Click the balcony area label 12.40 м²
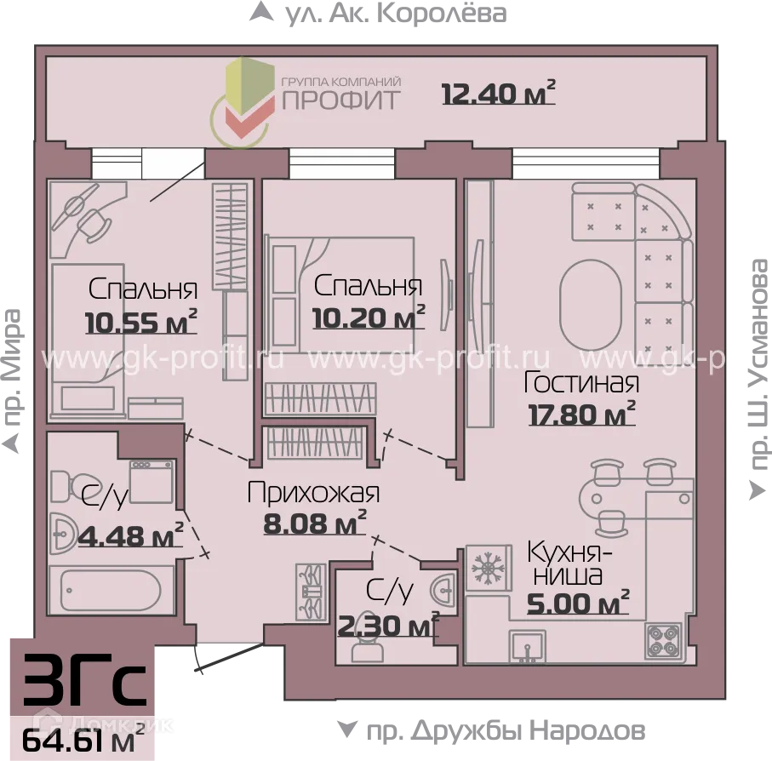pos(498,92)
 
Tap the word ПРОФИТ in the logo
pos(340,100)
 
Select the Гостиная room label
pos(581,382)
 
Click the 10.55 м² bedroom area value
pos(141,323)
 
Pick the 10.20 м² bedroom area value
pos(369,318)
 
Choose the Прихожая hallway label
pos(312,492)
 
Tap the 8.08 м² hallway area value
pos(315,522)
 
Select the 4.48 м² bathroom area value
pos(129,535)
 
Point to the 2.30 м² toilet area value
pos(388,627)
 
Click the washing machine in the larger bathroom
pos(151,482)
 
